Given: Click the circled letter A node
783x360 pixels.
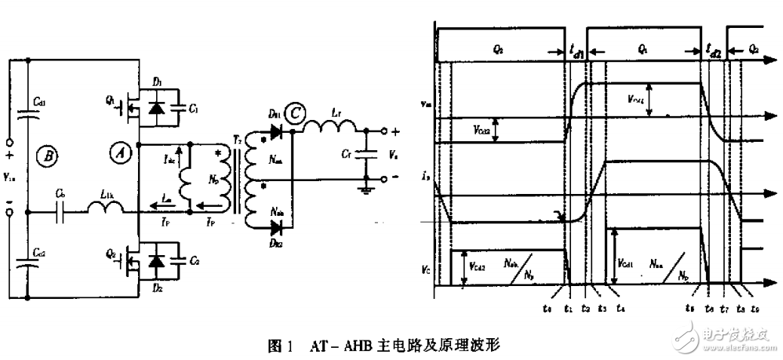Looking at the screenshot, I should (118, 152).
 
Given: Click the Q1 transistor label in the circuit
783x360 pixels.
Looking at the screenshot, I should (110, 99).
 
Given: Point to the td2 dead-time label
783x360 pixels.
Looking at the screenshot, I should (714, 52).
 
